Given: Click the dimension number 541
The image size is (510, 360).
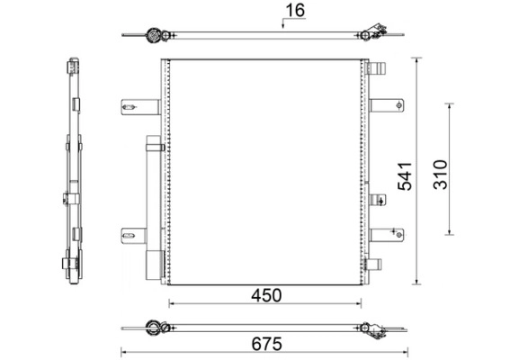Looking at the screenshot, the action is (x=405, y=176).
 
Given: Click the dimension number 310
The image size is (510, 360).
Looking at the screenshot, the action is (x=441, y=175).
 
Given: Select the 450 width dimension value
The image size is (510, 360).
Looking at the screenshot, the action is (x=266, y=295).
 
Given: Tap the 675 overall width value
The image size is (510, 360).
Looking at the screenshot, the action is (x=266, y=344).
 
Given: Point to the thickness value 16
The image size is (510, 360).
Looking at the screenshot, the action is (x=295, y=10).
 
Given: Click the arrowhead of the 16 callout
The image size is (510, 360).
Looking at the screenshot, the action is (x=283, y=26).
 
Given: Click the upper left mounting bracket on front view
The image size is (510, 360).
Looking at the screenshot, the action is (x=140, y=107).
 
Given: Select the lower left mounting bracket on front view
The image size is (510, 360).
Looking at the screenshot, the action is (x=134, y=236).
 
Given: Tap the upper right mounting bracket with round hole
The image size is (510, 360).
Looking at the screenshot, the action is (x=387, y=105).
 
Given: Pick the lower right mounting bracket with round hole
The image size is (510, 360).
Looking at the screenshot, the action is (x=387, y=235).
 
